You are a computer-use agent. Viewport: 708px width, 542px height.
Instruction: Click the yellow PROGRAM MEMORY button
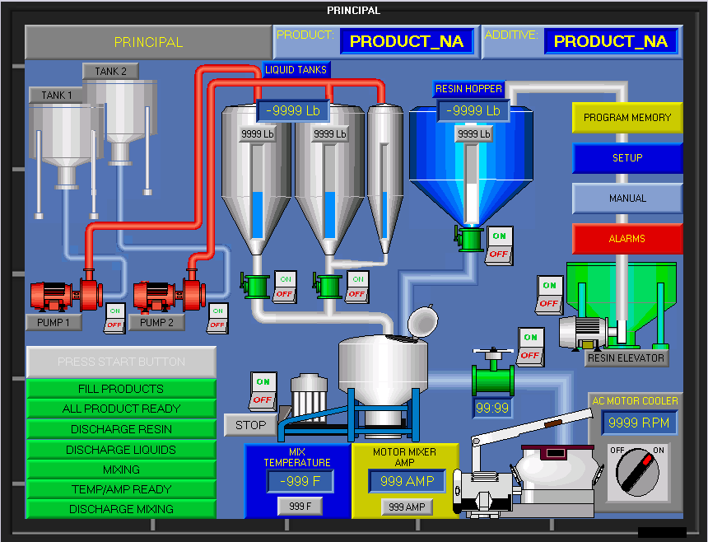pyautogui.click(x=627, y=118)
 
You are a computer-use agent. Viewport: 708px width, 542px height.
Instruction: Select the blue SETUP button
pyautogui.click(x=627, y=158)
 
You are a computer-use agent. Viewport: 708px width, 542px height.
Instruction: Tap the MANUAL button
pyautogui.click(x=627, y=199)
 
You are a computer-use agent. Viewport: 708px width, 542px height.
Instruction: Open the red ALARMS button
pyautogui.click(x=627, y=239)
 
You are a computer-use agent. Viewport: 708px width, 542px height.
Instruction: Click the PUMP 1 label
pyautogui.click(x=54, y=323)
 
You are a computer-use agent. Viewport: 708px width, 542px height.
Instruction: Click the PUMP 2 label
pyautogui.click(x=156, y=323)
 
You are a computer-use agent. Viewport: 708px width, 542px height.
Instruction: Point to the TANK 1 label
pyautogui.click(x=58, y=96)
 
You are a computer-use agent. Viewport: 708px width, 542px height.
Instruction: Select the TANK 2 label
pyautogui.click(x=110, y=72)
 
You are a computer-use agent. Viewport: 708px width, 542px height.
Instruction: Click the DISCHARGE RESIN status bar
pyautogui.click(x=121, y=429)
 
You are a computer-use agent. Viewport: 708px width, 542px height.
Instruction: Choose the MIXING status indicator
pyautogui.click(x=121, y=470)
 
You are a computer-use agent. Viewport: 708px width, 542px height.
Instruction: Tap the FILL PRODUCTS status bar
pyautogui.click(x=121, y=389)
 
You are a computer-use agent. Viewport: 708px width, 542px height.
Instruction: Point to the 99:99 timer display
pyautogui.click(x=493, y=408)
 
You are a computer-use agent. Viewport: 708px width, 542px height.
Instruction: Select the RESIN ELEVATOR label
pyautogui.click(x=626, y=358)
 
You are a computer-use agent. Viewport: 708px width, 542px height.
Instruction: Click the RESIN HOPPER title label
pyautogui.click(x=468, y=89)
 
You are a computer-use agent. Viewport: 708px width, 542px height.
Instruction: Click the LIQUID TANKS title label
pyautogui.click(x=296, y=70)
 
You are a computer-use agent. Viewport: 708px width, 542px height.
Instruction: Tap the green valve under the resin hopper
pyautogui.click(x=470, y=239)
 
